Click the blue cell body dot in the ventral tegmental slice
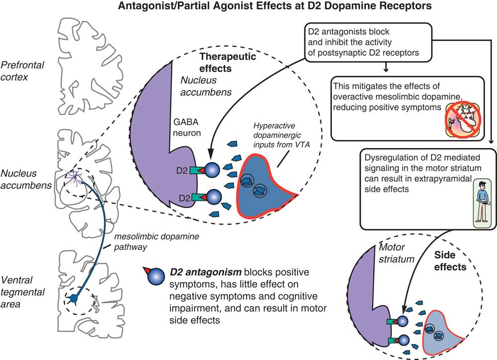tap(74, 298)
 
